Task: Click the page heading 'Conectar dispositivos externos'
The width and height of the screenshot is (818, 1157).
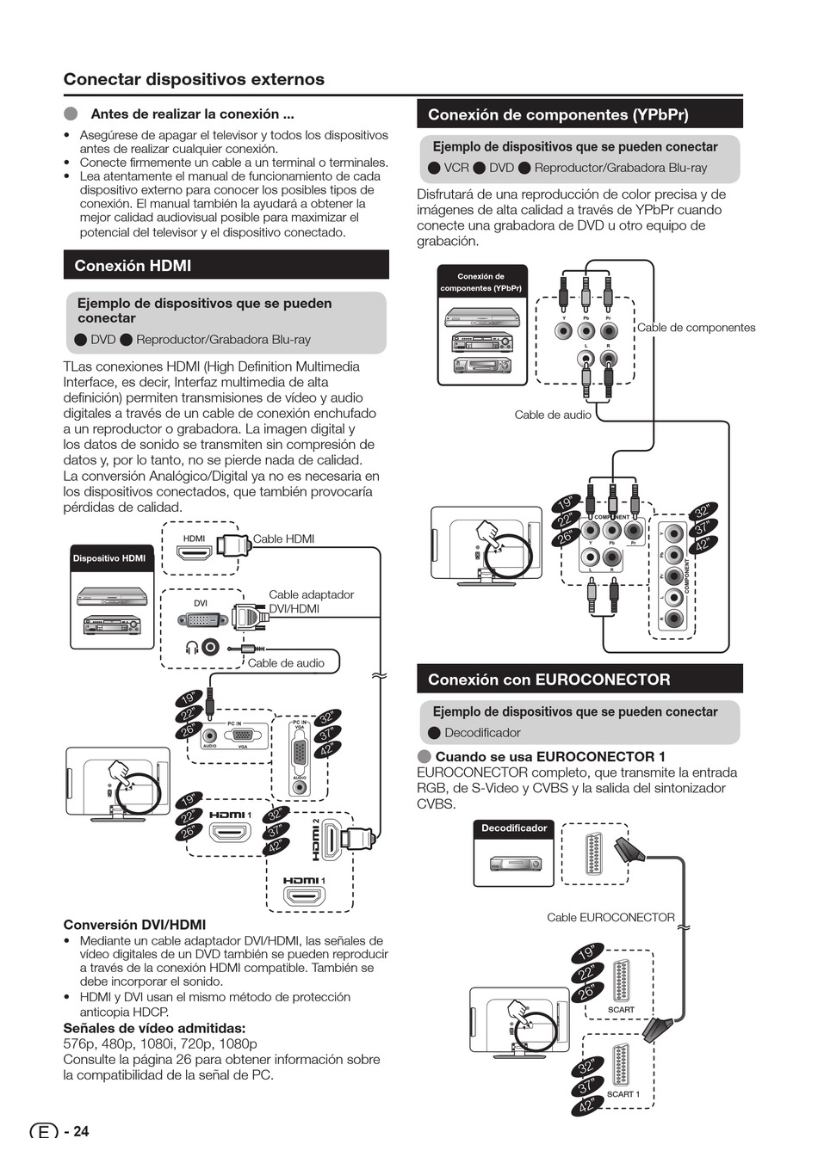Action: point(194,79)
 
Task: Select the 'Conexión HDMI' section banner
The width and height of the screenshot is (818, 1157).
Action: point(226,266)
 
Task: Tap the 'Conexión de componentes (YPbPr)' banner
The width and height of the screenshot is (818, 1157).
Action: point(579,114)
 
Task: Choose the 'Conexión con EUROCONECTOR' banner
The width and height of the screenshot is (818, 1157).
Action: point(579,680)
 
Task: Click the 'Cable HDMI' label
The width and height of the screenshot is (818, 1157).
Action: point(283,539)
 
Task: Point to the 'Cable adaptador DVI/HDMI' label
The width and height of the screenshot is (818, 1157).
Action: point(310,601)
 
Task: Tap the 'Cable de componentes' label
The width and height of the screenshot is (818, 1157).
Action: point(696,328)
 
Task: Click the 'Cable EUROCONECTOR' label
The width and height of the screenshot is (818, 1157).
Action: point(610,917)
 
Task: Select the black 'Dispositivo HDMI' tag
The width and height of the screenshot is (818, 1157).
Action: point(109,558)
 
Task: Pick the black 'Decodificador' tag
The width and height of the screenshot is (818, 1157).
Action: point(514,828)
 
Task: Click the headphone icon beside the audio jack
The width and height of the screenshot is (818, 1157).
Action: point(192,648)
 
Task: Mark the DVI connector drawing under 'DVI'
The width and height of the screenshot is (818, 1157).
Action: point(201,619)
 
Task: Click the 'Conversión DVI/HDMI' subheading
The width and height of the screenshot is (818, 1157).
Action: point(134,925)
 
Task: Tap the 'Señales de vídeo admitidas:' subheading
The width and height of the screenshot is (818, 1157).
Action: point(154,1028)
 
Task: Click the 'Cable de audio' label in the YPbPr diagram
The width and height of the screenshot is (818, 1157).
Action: point(553,415)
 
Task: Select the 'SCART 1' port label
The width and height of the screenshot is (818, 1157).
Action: point(623,1094)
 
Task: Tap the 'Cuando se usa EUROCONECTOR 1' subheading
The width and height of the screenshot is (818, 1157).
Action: point(549,756)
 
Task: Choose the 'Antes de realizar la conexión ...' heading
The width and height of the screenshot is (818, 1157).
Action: point(192,114)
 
